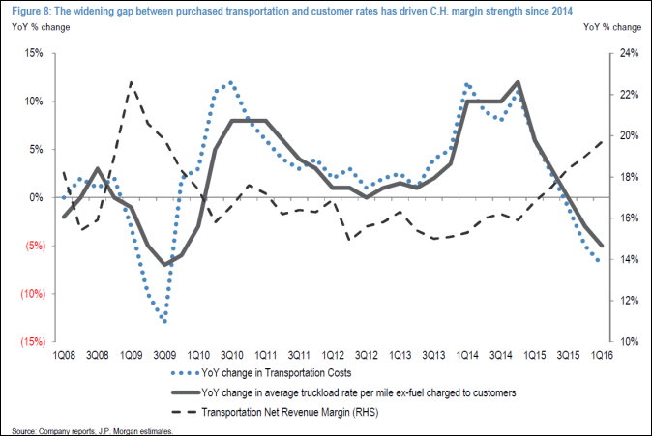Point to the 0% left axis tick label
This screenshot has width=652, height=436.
click(x=35, y=197)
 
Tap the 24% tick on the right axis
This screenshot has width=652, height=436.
click(x=625, y=53)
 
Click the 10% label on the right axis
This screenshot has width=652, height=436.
click(x=625, y=341)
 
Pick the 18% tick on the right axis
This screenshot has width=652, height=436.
click(x=625, y=177)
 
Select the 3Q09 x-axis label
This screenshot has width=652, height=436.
click(x=164, y=355)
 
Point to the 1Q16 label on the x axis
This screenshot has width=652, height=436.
click(x=600, y=355)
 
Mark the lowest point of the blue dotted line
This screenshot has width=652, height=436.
click(x=165, y=321)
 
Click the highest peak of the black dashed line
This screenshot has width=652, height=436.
click(x=132, y=82)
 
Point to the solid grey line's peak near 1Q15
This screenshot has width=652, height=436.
click(x=519, y=82)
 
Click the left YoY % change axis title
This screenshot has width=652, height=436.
click(x=36, y=26)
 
